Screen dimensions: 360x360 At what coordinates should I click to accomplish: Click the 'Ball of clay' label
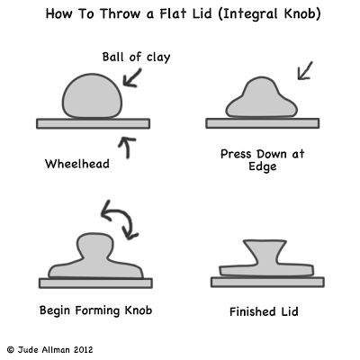tap(136, 57)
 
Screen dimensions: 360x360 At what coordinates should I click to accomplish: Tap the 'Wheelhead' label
tap(77, 164)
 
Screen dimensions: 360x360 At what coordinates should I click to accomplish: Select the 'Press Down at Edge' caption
tap(263, 160)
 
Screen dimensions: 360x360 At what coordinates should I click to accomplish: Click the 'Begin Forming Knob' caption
tap(95, 310)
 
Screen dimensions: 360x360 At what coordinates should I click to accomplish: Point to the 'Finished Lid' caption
tap(264, 311)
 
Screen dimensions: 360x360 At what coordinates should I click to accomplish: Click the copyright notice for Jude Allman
tap(49, 350)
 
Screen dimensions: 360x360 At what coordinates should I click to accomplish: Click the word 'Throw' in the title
tap(119, 13)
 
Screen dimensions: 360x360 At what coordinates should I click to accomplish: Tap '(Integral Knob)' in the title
tap(269, 14)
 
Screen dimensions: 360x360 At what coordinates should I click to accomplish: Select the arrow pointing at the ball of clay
tap(132, 77)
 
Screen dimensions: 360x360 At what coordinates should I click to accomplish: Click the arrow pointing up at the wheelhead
tap(127, 148)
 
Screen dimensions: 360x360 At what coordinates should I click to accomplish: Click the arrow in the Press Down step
tap(304, 71)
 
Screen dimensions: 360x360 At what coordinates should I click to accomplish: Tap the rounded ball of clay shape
tap(92, 96)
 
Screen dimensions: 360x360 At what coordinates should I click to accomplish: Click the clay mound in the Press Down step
tap(261, 98)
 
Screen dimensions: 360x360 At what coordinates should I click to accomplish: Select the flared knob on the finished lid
tap(265, 251)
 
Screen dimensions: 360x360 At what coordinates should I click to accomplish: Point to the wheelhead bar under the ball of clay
tap(94, 123)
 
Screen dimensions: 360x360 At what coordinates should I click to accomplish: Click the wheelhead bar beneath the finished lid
tap(267, 282)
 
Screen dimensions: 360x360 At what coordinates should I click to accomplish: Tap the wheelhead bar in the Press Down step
tap(263, 123)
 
